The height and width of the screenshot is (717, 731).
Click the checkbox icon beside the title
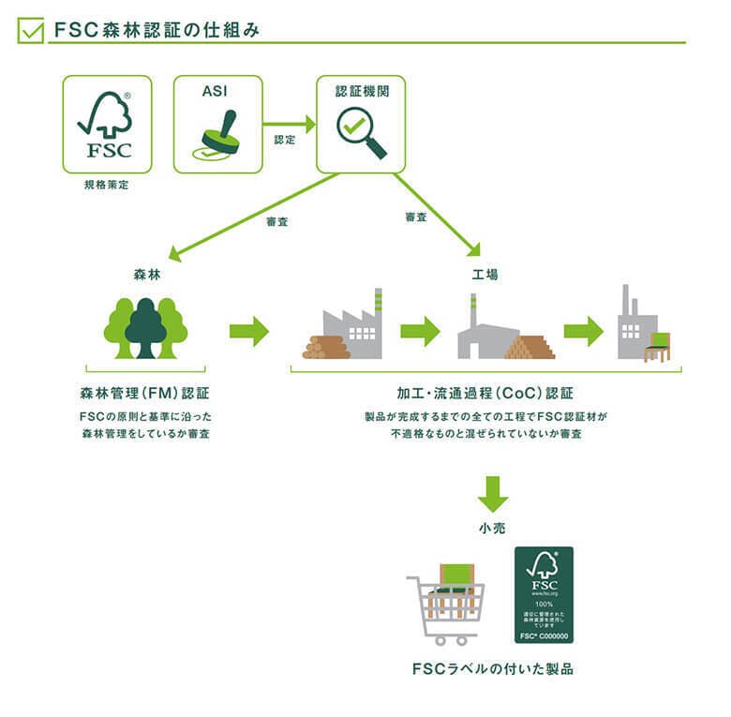tap(32, 30)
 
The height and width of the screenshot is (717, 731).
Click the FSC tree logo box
tap(107, 124)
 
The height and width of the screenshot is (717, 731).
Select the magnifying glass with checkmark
tap(361, 132)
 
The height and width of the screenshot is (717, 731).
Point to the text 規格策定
tap(106, 186)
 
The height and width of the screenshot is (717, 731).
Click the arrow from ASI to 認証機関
tap(289, 123)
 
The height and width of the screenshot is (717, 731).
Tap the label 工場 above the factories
tap(485, 276)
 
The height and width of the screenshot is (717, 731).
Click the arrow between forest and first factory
tap(248, 330)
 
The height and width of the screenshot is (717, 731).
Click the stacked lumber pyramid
tap(530, 348)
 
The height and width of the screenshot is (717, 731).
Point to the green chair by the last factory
tap(658, 346)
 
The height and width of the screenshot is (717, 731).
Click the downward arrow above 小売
tap(492, 493)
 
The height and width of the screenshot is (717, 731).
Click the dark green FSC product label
tap(544, 595)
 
